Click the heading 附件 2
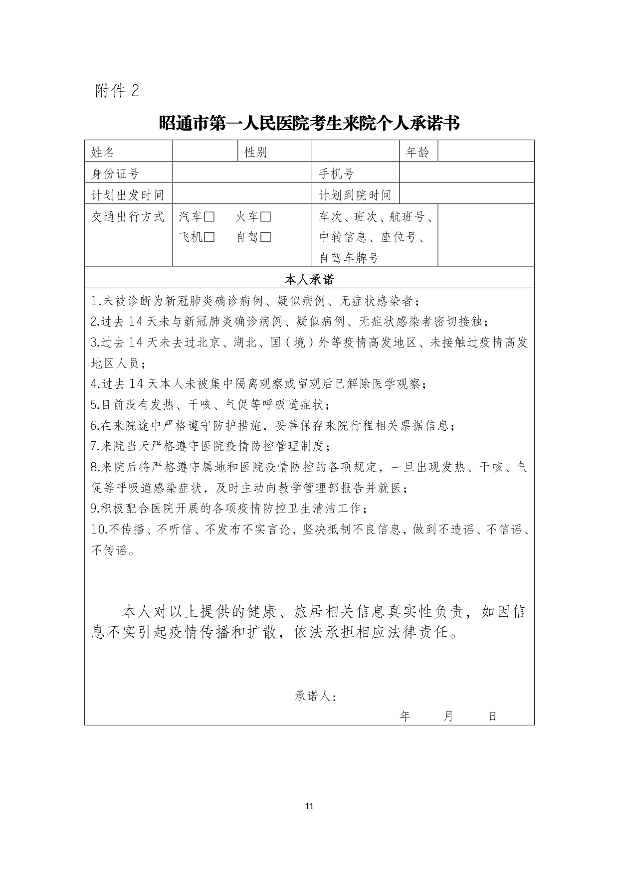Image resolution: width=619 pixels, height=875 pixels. pyautogui.click(x=117, y=91)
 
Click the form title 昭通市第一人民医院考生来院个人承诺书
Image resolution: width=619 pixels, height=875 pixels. pyautogui.click(x=309, y=123)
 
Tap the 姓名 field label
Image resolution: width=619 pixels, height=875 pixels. pyautogui.click(x=103, y=152)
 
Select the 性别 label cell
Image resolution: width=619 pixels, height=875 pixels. pyautogui.click(x=256, y=152)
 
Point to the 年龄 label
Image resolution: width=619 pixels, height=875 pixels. pyautogui.click(x=417, y=152)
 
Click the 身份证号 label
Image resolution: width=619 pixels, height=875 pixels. pyautogui.click(x=115, y=174)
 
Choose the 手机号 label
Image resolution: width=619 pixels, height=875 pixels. pyautogui.click(x=337, y=174)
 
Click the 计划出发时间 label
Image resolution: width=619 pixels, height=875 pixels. pyautogui.click(x=127, y=195)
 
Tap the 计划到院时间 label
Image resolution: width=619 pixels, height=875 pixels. pyautogui.click(x=355, y=195)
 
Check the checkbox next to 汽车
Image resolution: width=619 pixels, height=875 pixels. pyautogui.click(x=209, y=217)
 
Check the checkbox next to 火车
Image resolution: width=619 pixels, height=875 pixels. pyautogui.click(x=266, y=217)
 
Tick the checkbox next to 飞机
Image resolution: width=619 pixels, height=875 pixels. pyautogui.click(x=209, y=237)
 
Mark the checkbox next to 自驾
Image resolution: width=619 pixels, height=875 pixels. pyautogui.click(x=266, y=237)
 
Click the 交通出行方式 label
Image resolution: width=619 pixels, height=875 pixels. pyautogui.click(x=127, y=217)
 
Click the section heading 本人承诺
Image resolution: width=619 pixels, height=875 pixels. pyautogui.click(x=309, y=279)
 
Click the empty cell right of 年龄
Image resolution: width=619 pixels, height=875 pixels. pyautogui.click(x=485, y=151)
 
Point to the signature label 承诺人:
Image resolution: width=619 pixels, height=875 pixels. pyautogui.click(x=315, y=696)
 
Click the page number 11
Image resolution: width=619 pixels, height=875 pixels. pyautogui.click(x=309, y=806)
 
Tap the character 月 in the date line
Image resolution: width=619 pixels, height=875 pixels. pyautogui.click(x=448, y=716)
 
